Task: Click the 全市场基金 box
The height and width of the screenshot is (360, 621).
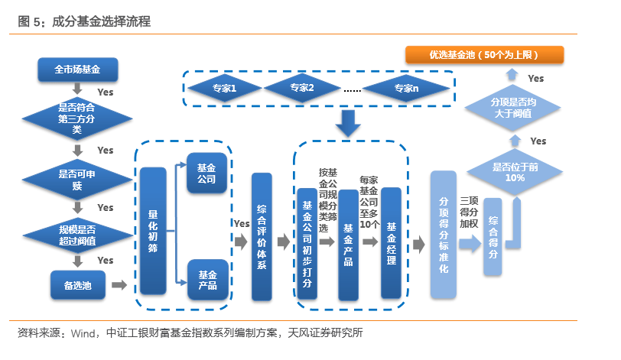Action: pos(77,70)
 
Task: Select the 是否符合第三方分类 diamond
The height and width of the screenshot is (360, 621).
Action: pos(76,118)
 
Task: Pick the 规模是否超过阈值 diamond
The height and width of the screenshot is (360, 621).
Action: pos(76,234)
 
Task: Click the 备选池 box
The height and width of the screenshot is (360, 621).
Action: pos(76,284)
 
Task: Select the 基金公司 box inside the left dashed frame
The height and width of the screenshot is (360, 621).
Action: pos(206,174)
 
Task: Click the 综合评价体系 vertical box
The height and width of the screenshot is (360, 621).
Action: pos(262,237)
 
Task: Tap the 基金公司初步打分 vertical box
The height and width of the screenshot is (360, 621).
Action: pos(307,244)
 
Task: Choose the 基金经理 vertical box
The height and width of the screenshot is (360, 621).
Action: pos(392,243)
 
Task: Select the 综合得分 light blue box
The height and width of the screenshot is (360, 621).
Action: pos(493,237)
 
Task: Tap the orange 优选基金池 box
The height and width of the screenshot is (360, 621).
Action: pos(485,54)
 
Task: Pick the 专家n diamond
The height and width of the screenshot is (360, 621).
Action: pos(406,89)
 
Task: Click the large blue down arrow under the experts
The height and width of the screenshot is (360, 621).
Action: pos(348,122)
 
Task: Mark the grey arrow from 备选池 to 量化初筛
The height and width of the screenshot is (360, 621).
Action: pos(119,285)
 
